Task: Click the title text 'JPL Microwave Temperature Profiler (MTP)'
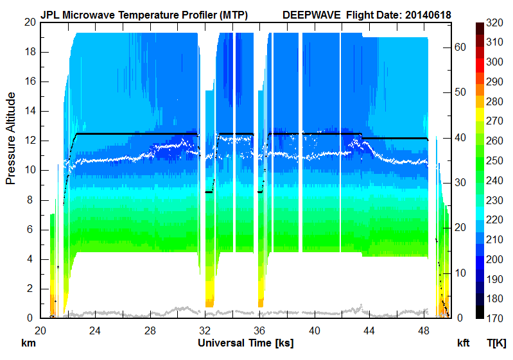click(x=144, y=14)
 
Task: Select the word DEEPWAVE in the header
click(x=310, y=14)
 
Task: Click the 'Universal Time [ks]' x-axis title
click(x=245, y=343)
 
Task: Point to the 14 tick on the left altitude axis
click(x=29, y=111)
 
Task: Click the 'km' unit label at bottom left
click(x=28, y=343)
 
